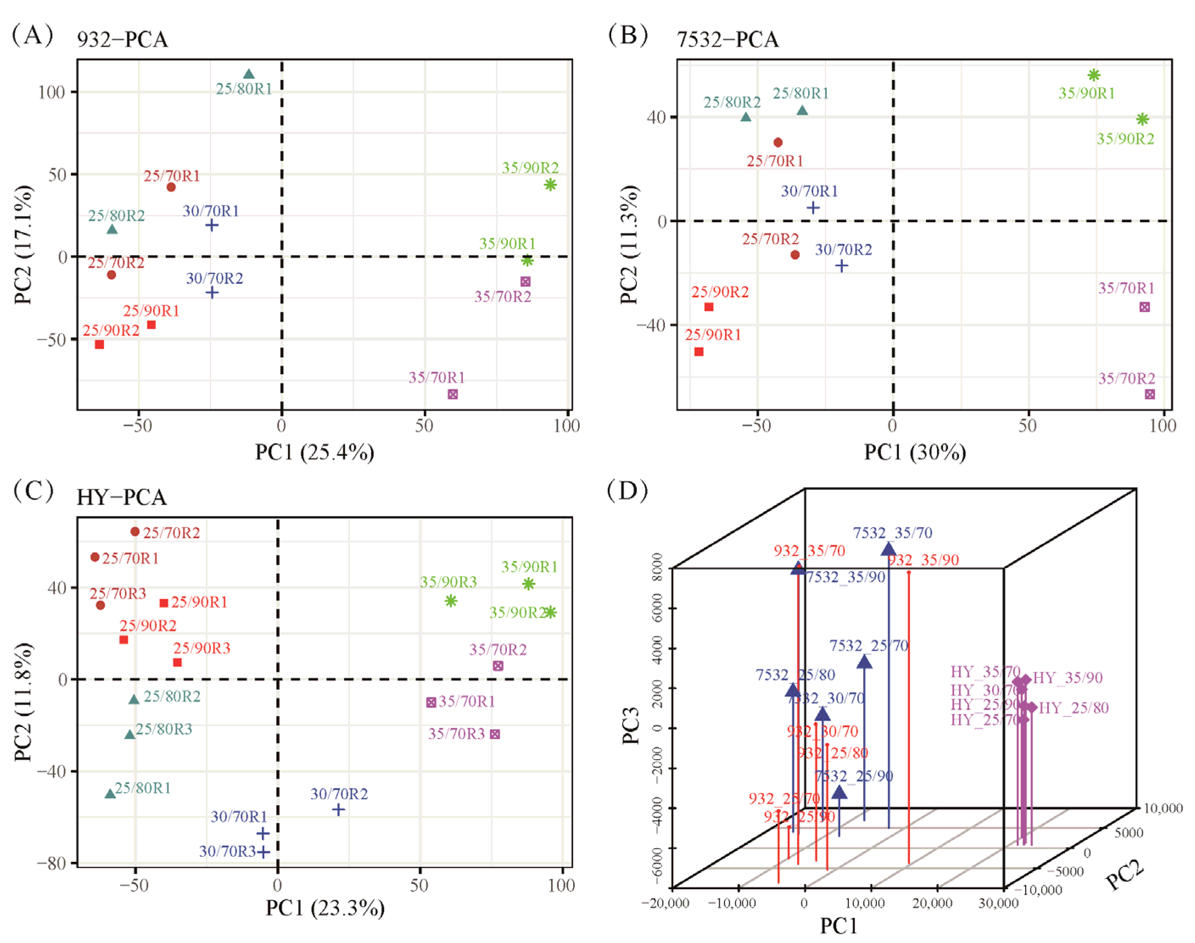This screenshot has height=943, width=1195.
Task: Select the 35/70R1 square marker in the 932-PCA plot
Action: (x=453, y=394)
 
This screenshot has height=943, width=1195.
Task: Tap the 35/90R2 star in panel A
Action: (x=550, y=185)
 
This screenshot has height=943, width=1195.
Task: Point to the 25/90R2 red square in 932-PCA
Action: (x=99, y=345)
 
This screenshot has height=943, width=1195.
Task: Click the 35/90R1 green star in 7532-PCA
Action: (x=1094, y=75)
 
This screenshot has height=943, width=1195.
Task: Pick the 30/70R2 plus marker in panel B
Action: (x=841, y=266)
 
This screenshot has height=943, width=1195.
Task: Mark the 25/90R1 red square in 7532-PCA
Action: (x=699, y=352)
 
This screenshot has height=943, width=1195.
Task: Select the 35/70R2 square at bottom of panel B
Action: (x=1150, y=394)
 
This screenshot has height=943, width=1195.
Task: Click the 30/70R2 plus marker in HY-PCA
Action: (x=339, y=810)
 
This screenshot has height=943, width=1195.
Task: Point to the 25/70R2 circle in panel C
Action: (x=134, y=532)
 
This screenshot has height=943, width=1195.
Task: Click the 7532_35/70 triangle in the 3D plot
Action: (x=888, y=549)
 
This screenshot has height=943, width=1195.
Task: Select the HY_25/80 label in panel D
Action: (x=1074, y=708)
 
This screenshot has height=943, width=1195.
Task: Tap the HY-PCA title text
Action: (x=121, y=497)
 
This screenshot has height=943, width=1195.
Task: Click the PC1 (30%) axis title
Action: (x=915, y=452)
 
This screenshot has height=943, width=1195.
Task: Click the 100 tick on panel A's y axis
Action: (x=51, y=92)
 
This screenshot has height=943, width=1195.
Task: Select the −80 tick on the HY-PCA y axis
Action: (x=53, y=863)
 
